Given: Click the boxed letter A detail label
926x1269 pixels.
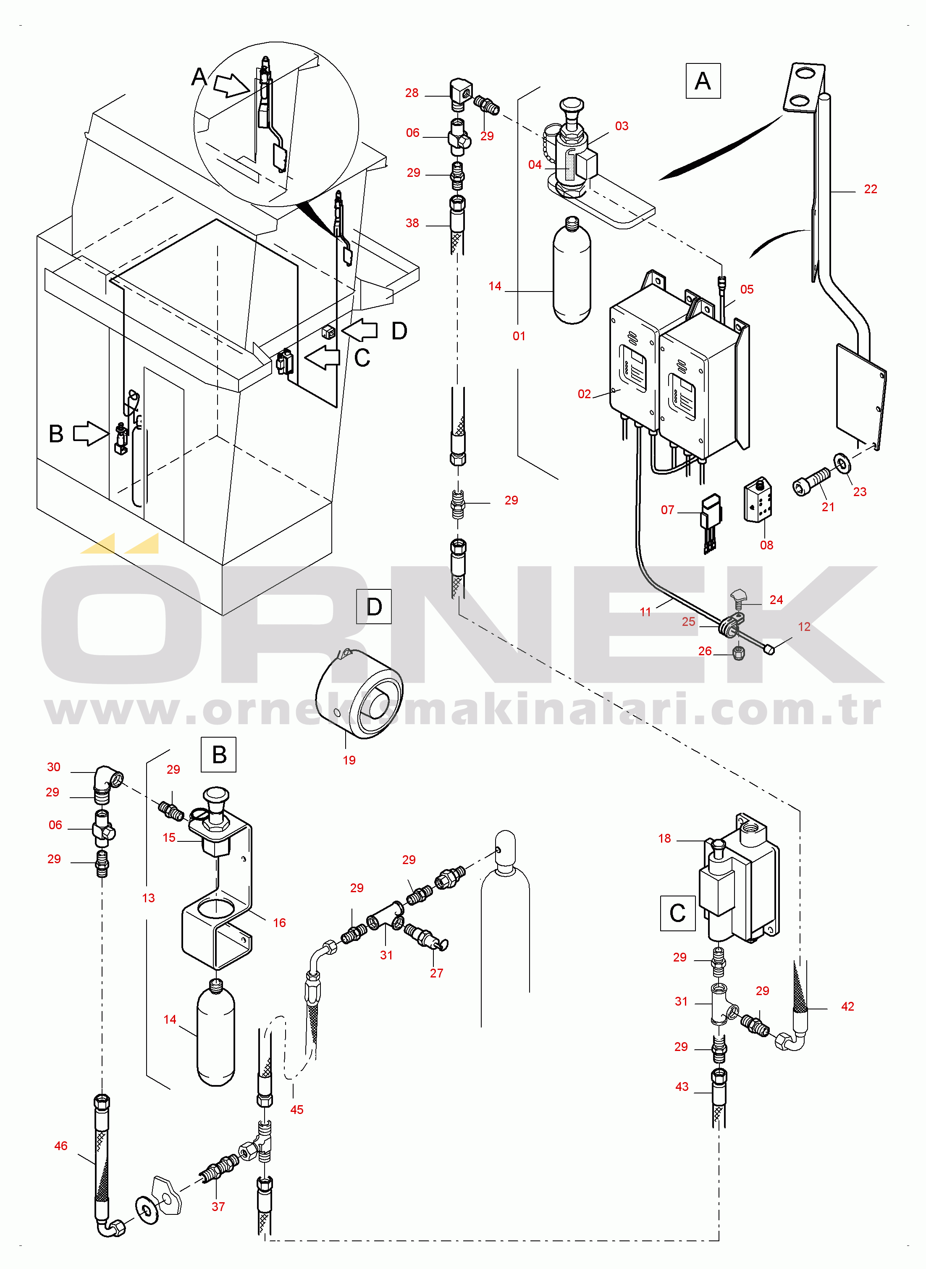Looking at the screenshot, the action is pos(703,81).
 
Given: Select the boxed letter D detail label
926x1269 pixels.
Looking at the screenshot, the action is pos(374,607).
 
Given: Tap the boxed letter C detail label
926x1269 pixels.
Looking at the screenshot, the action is pos(678,913).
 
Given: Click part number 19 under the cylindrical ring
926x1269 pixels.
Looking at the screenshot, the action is pos(349,760).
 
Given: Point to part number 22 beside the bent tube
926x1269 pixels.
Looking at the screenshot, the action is pos(871,189).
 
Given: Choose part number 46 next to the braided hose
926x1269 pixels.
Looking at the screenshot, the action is pos(60,1146).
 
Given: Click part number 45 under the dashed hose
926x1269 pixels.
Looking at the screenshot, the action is pos(296,1109).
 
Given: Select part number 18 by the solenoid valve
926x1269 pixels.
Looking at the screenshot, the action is pos(664,838).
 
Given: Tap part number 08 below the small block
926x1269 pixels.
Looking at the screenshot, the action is pos(766,545).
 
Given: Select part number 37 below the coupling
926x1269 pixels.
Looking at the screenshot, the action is pos(218,1206).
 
